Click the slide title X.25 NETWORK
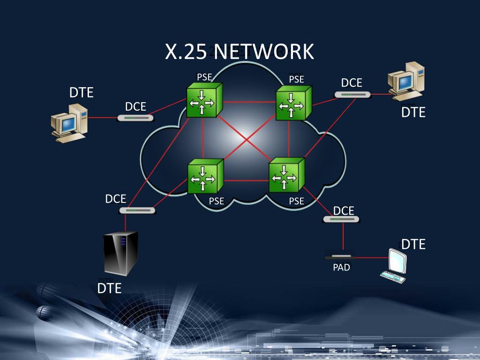pyautogui.click(x=239, y=52)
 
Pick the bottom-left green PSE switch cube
pyautogui.click(x=205, y=177)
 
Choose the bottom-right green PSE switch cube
pyautogui.click(x=286, y=175)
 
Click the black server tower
pyautogui.click(x=120, y=253)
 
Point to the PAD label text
pyautogui.click(x=341, y=268)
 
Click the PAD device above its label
pyautogui.click(x=340, y=256)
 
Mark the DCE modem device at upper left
pyautogui.click(x=135, y=118)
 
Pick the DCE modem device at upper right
pyautogui.click(x=352, y=94)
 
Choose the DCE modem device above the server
pyautogui.click(x=137, y=210)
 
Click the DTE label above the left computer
pyautogui.click(x=82, y=92)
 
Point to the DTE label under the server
pyautogui.click(x=109, y=288)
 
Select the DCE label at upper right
pyautogui.click(x=352, y=82)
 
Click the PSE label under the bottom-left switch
pyautogui.click(x=217, y=202)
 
